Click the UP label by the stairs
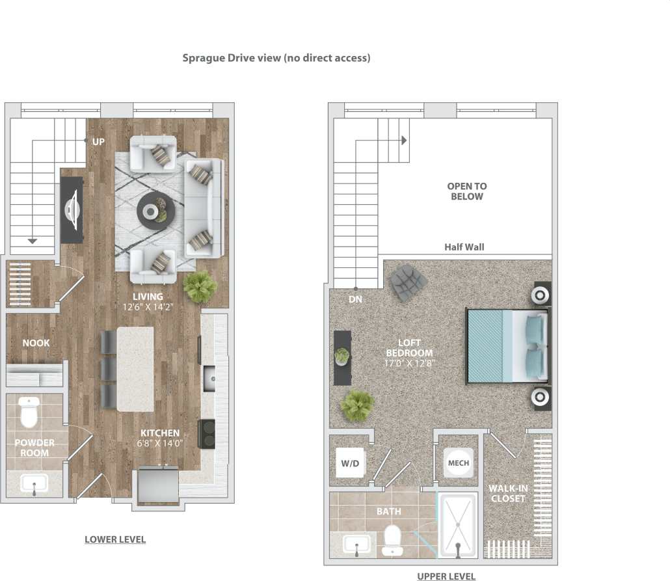click(98, 141)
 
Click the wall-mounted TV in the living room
click(72, 210)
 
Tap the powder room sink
click(33, 483)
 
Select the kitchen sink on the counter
click(209, 377)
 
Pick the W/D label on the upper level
click(350, 463)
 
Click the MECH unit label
click(458, 463)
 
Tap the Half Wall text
click(464, 247)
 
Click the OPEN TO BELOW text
click(466, 191)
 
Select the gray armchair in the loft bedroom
click(408, 282)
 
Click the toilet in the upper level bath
click(392, 540)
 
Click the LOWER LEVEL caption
click(115, 539)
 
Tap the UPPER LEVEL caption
click(446, 576)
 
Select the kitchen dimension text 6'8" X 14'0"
click(160, 443)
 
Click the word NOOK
click(36, 343)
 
